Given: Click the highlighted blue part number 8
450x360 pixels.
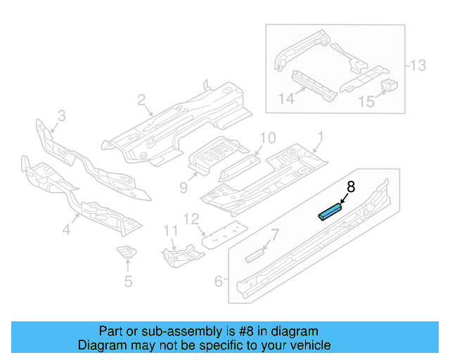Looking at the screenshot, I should point(330,212).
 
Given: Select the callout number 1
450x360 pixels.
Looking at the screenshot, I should point(321,136).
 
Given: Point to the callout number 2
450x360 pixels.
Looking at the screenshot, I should point(141,101).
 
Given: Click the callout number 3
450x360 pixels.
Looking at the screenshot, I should point(61,115).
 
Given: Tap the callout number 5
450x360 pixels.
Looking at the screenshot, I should point(127,283).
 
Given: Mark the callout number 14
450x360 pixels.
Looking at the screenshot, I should point(285,99).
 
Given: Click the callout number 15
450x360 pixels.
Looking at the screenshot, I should point(366,102).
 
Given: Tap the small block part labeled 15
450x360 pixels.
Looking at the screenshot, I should point(389,86).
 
